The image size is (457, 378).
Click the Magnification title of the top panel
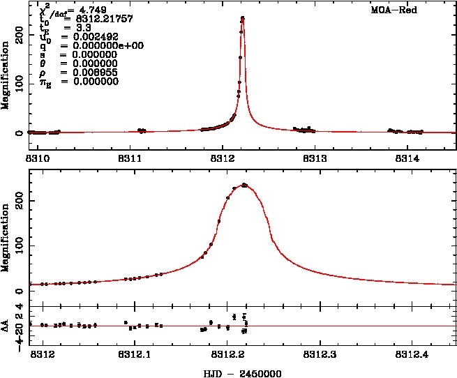click(6, 76)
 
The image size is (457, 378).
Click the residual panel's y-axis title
click(6, 325)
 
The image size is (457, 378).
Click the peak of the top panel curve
click(242, 18)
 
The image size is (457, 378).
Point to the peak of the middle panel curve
click(244, 185)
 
